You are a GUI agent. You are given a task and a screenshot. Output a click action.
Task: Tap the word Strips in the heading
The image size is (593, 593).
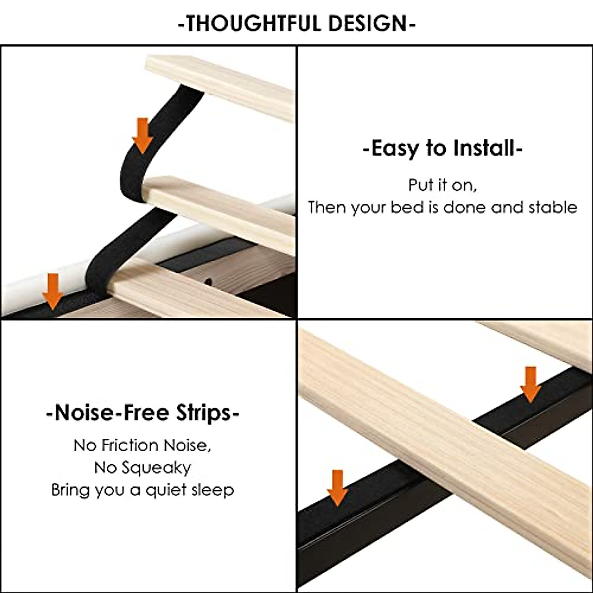coord(201,412)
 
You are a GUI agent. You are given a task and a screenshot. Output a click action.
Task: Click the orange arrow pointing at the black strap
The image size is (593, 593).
coord(142,135)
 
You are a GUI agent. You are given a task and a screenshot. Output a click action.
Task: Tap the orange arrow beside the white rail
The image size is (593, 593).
coord(52,291)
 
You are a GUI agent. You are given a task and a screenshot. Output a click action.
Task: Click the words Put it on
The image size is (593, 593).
coord(442,185)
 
